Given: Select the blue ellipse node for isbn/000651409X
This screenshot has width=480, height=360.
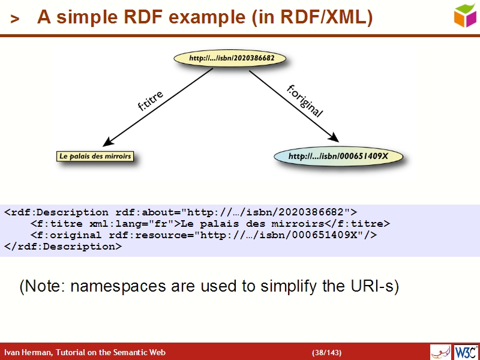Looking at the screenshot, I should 338,157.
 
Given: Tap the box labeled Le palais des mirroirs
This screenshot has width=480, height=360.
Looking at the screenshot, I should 95,157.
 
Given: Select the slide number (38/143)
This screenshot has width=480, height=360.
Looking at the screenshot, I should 327,352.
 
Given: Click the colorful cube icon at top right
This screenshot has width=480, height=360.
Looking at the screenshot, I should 465,15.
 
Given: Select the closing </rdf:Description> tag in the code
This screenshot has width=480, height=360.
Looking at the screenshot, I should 63,246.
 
